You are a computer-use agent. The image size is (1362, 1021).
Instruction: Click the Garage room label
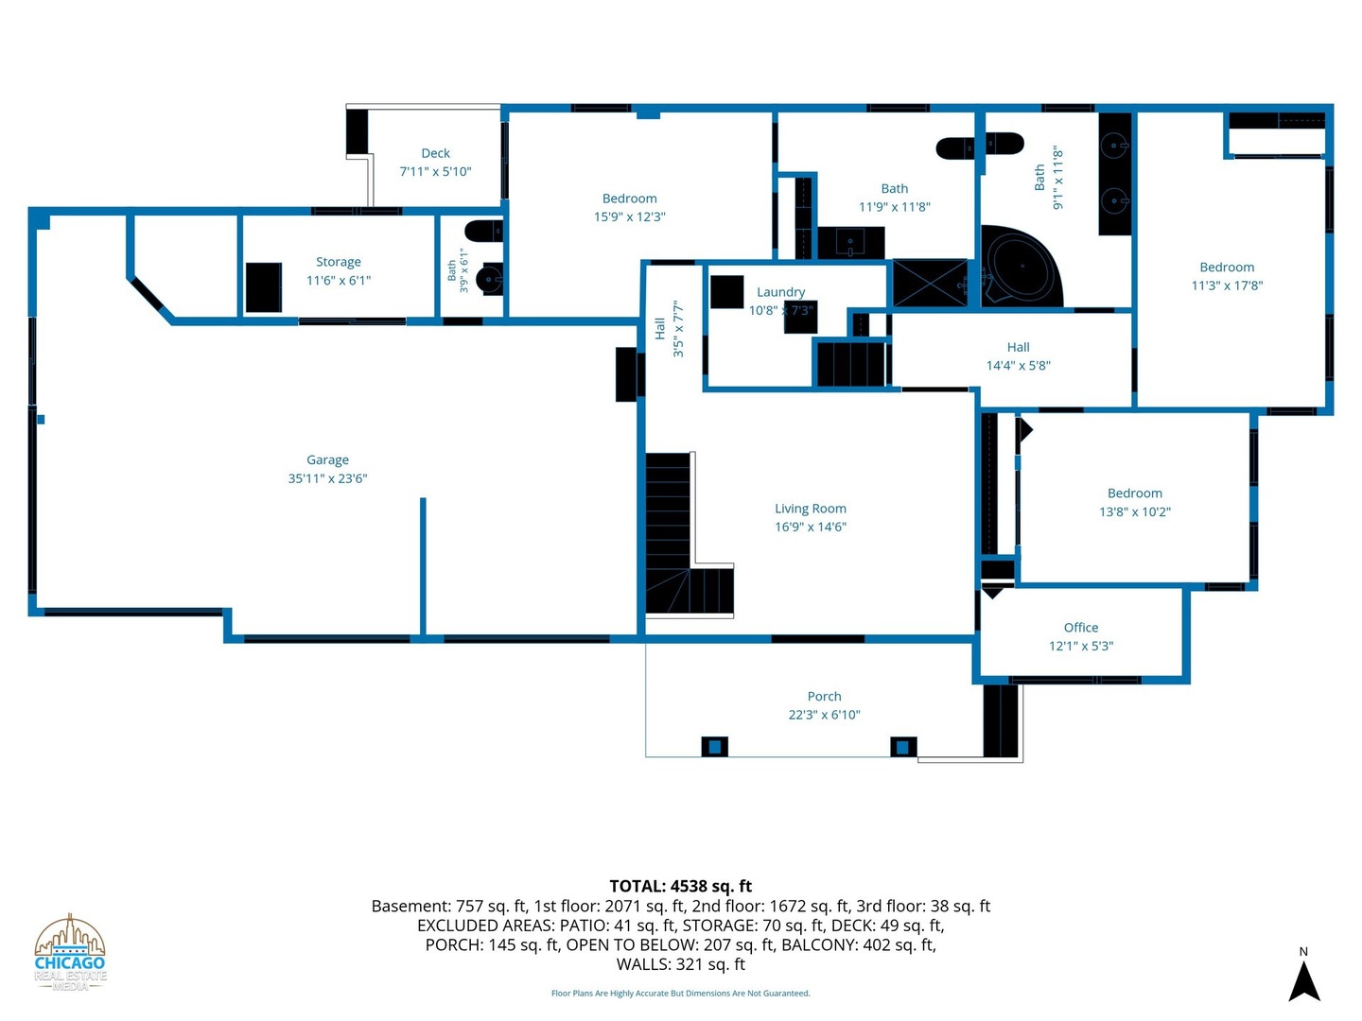click(x=327, y=460)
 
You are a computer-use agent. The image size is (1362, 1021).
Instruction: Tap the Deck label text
click(x=435, y=153)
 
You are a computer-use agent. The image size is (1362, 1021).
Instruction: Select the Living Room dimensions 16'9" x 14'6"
click(x=810, y=527)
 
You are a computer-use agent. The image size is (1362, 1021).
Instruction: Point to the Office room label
click(x=1080, y=628)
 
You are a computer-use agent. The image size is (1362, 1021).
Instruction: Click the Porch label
click(x=824, y=696)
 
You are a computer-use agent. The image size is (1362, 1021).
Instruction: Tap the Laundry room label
click(x=780, y=292)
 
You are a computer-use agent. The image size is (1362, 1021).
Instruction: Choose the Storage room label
click(x=338, y=262)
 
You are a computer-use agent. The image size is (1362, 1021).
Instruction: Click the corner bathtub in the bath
click(x=1021, y=268)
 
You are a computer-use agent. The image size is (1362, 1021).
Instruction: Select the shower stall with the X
click(x=929, y=283)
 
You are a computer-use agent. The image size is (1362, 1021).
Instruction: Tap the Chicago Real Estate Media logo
click(x=69, y=953)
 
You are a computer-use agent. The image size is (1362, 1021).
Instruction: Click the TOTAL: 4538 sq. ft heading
click(x=680, y=887)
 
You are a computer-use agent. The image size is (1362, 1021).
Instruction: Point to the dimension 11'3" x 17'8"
click(x=1226, y=286)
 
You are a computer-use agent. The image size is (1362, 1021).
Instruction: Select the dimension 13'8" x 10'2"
click(x=1134, y=512)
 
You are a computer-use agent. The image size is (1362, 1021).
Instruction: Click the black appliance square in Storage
click(x=263, y=287)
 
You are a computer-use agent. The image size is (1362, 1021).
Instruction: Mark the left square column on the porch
click(x=714, y=747)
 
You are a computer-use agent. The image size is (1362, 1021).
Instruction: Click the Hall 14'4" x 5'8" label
click(x=1018, y=356)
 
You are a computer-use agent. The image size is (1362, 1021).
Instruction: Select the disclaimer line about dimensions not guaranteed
click(x=680, y=993)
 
